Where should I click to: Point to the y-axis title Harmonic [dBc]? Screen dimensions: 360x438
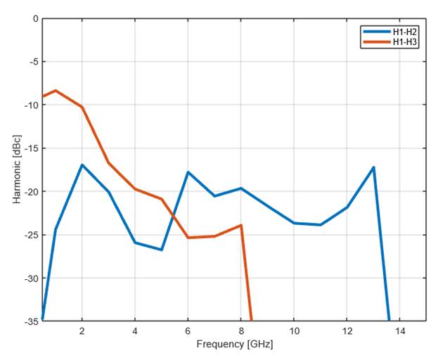(16, 169)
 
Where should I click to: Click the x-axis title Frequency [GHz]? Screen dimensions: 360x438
(234, 345)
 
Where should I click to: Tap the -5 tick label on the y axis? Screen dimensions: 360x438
(32, 62)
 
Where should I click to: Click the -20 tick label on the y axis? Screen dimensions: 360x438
(30, 191)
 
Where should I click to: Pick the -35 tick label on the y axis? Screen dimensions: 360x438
(30, 321)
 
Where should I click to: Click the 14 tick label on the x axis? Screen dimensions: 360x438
(399, 330)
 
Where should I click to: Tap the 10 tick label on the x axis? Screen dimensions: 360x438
(294, 330)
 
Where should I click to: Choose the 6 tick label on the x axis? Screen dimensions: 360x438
(188, 330)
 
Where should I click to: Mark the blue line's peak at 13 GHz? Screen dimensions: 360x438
(373, 167)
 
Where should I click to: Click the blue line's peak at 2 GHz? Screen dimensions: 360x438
(82, 165)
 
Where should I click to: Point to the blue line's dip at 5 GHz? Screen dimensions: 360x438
(162, 250)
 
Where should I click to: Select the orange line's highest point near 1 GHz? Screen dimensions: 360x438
(56, 91)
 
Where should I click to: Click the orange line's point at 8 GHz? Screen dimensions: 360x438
(241, 225)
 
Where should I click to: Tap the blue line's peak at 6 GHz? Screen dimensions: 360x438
(188, 172)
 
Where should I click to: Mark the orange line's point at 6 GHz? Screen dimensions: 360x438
(188, 238)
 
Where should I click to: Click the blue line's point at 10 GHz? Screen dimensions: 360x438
(294, 223)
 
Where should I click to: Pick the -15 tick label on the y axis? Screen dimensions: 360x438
(30, 148)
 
